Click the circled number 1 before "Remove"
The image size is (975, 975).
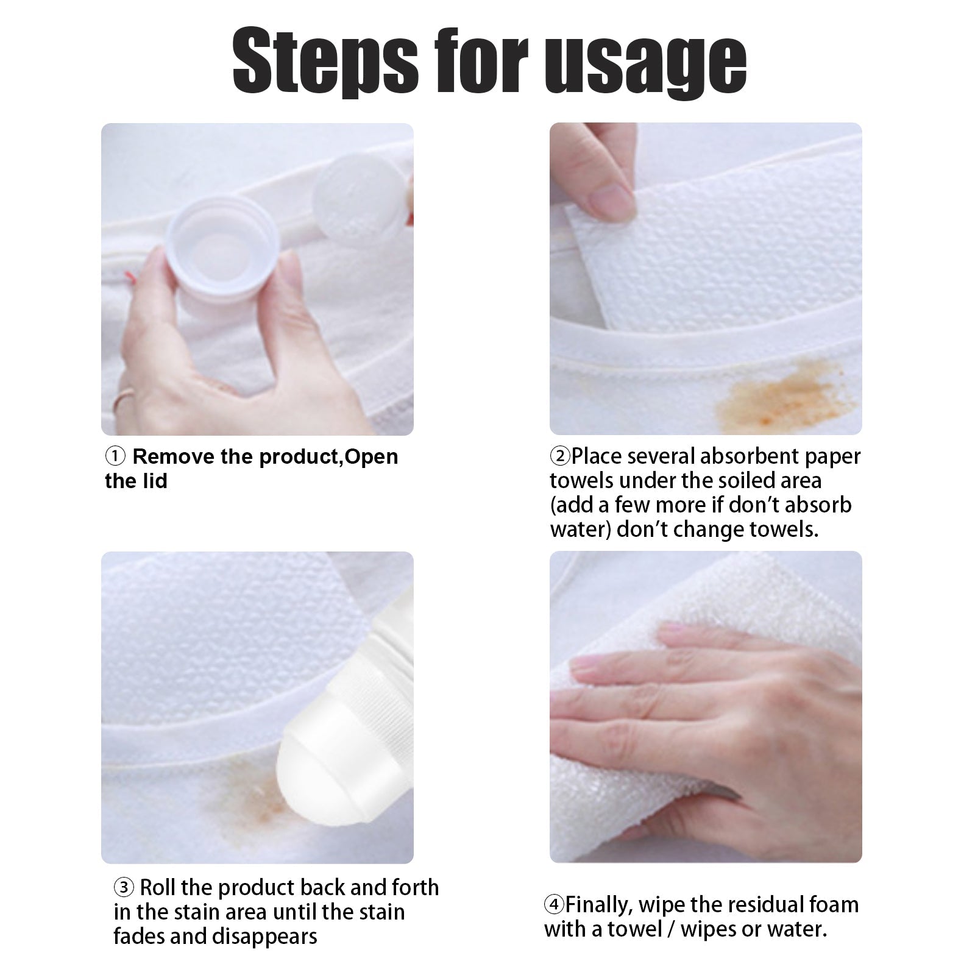click(115, 456)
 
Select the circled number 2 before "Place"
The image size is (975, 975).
click(559, 456)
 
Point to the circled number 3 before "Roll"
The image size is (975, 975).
click(124, 888)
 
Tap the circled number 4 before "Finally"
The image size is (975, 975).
click(554, 905)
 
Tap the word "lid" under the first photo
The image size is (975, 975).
click(155, 481)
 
